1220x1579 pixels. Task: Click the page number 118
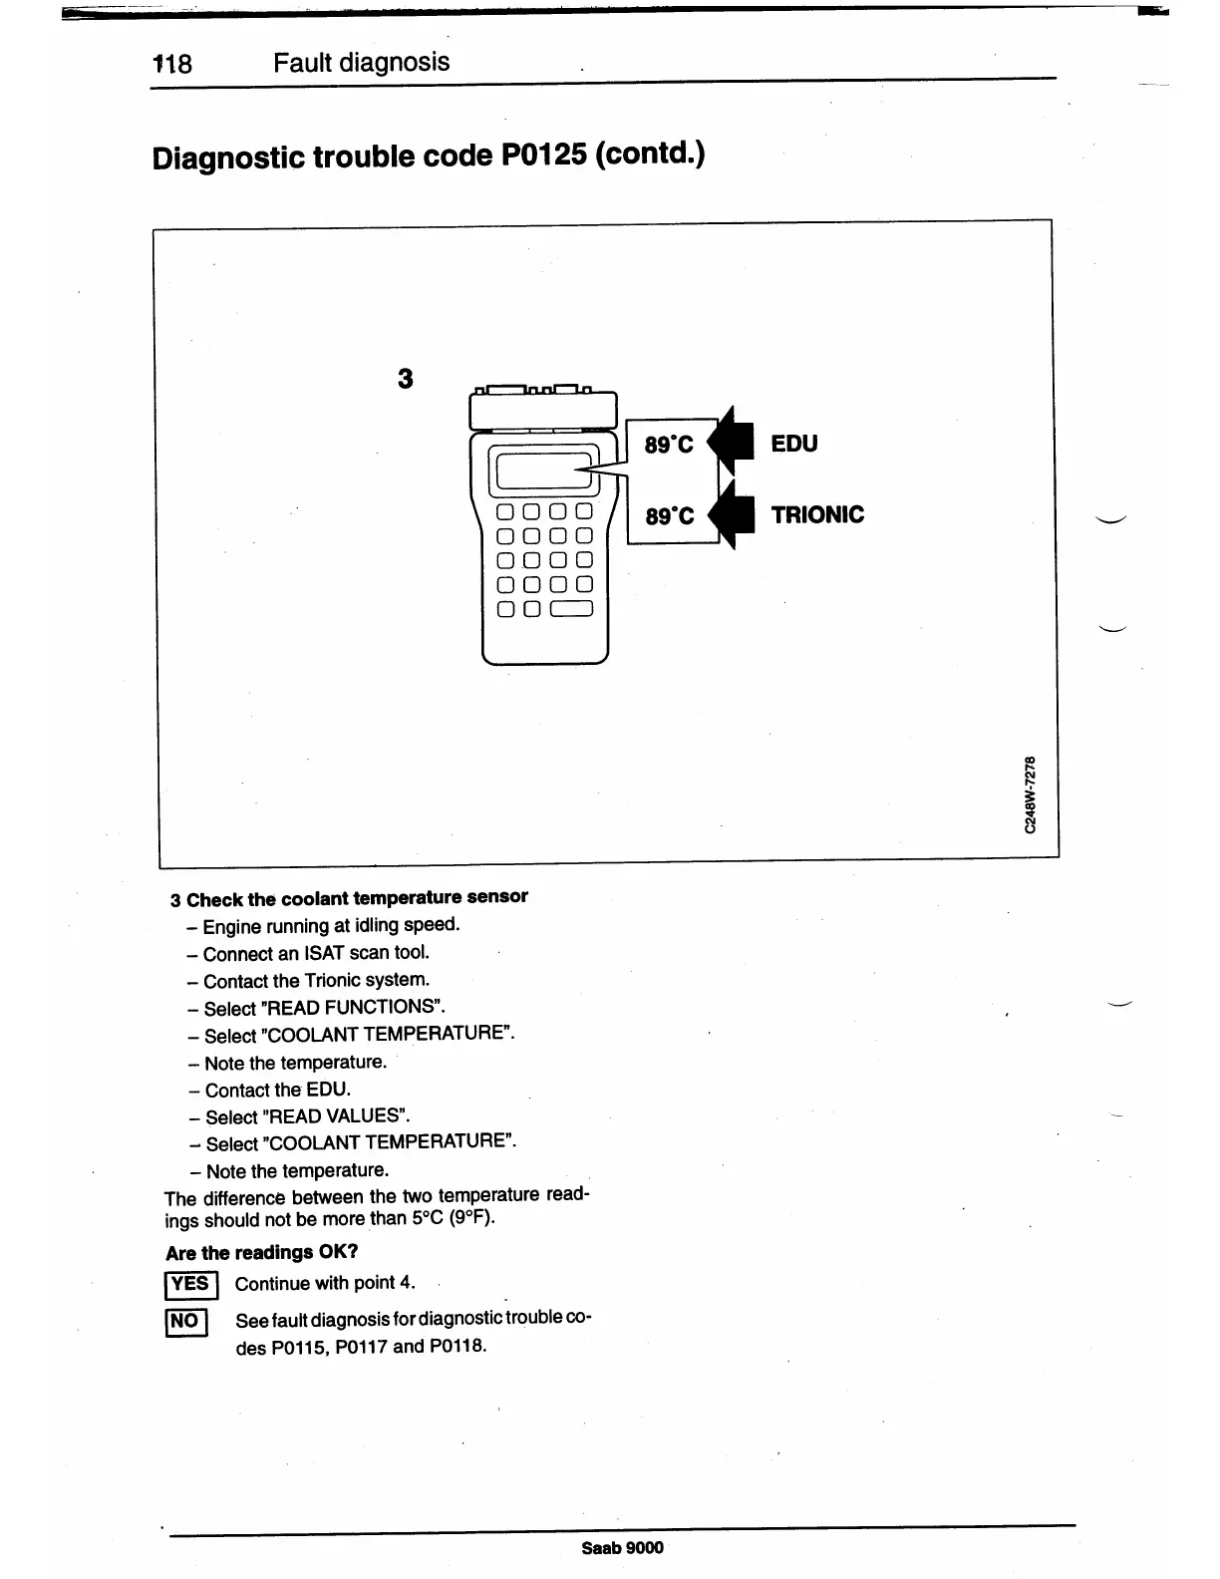pos(172,65)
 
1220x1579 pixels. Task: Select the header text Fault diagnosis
pos(361,63)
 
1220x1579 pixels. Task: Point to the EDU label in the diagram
pos(793,444)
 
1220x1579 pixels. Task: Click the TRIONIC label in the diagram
pos(817,514)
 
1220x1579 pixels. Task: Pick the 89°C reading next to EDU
pos(669,445)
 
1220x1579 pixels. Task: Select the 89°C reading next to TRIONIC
pos(669,516)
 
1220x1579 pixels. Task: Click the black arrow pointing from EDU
pos(732,441)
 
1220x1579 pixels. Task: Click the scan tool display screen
pos(542,471)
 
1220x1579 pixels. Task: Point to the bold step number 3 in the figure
pos(405,379)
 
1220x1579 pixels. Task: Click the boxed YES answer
pos(189,1284)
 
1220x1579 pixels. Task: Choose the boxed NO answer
pos(185,1322)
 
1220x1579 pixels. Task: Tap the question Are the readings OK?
pos(261,1252)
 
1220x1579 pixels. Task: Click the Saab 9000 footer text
pos(622,1548)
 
